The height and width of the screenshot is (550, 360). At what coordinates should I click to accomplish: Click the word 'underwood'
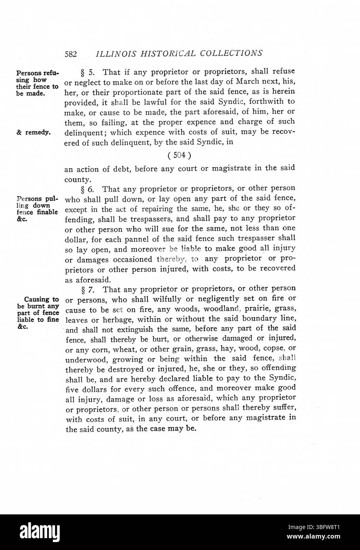[82, 359]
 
